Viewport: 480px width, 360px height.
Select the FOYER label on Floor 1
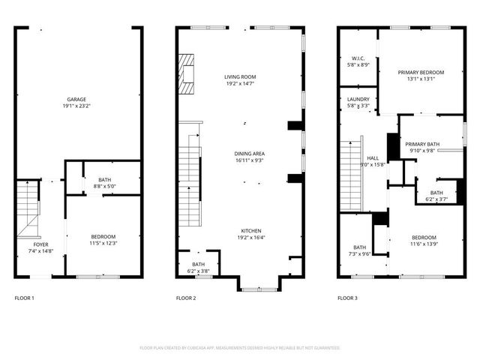click(40, 244)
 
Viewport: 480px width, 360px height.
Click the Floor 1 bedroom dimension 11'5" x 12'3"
click(104, 242)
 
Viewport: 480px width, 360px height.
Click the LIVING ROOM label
click(240, 76)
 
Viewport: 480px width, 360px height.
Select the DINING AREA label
click(249, 153)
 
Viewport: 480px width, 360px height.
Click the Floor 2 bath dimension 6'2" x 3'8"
click(198, 271)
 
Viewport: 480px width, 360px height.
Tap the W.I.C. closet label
click(358, 58)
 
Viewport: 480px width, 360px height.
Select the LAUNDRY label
click(358, 99)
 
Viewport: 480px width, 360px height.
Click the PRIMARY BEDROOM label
click(425, 72)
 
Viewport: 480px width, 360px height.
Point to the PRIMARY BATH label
click(421, 144)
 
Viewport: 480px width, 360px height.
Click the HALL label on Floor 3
click(373, 158)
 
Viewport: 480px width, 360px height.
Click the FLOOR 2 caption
click(186, 298)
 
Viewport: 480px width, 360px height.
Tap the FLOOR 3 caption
click(347, 298)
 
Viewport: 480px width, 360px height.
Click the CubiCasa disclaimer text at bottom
click(240, 348)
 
